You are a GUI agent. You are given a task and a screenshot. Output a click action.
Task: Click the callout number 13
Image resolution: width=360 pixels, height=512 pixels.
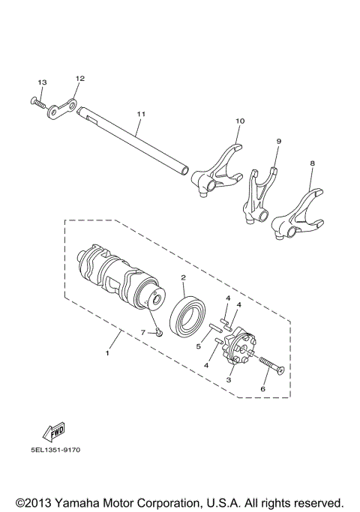click(42, 82)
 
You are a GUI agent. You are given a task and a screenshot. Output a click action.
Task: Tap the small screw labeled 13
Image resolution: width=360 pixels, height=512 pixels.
click(38, 100)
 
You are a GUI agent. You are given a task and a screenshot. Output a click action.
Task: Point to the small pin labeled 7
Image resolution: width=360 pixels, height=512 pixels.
click(159, 331)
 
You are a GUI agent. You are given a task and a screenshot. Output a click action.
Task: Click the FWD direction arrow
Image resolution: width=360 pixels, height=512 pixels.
click(55, 430)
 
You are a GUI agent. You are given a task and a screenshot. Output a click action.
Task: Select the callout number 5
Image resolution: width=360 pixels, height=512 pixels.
click(198, 346)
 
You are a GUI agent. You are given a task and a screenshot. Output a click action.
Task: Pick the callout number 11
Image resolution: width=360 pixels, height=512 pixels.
click(139, 113)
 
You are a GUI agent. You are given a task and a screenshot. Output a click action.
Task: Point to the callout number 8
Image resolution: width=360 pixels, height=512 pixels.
click(312, 162)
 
